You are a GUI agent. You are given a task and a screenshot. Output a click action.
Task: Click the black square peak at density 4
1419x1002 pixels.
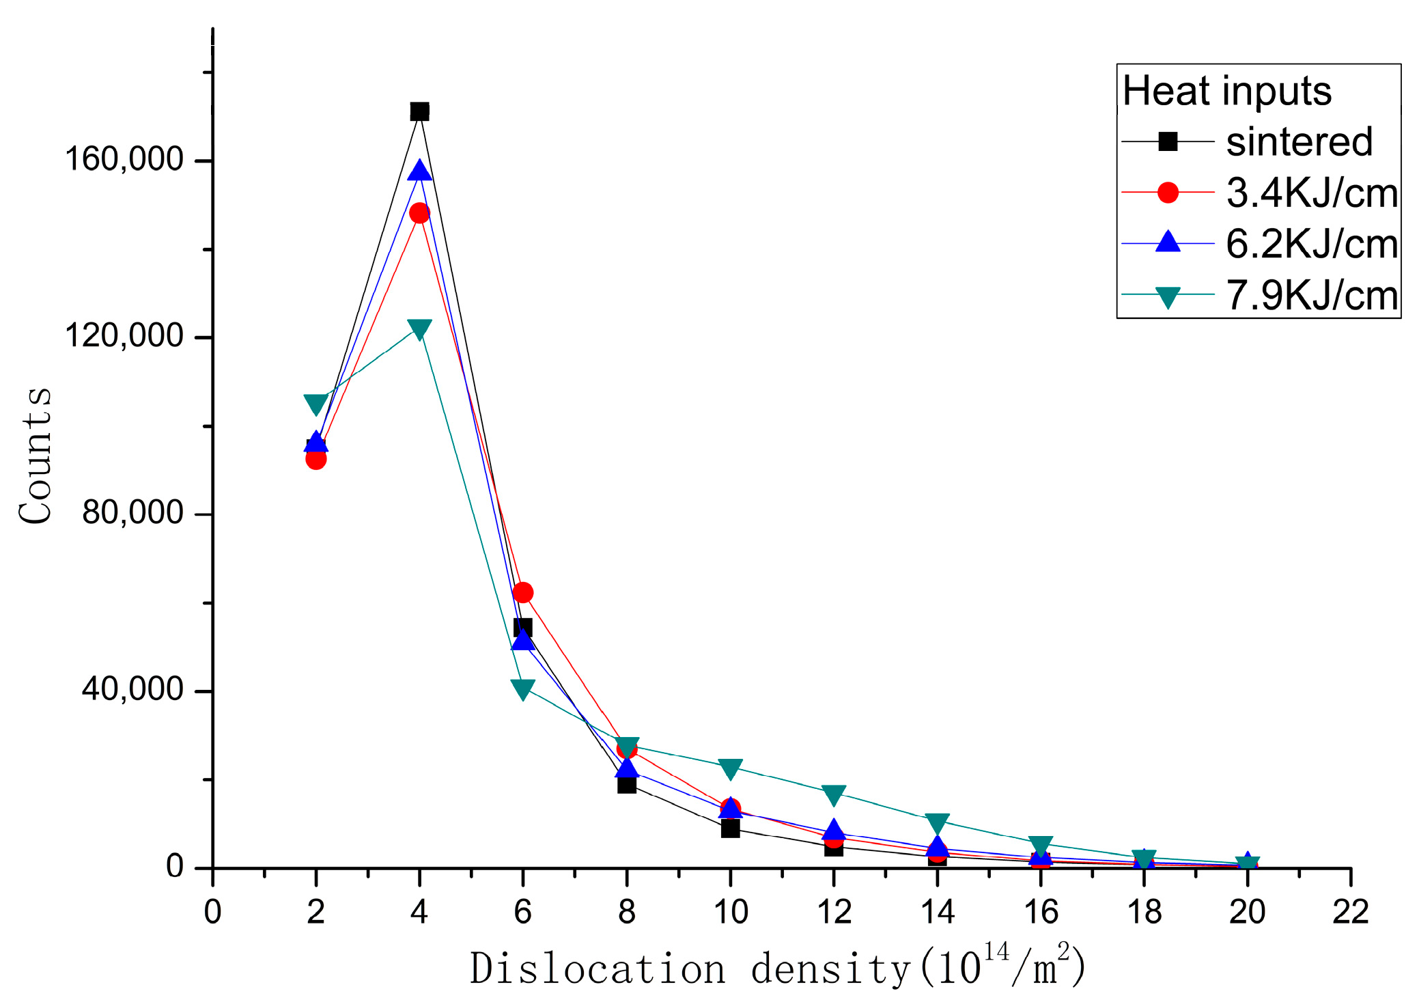(419, 111)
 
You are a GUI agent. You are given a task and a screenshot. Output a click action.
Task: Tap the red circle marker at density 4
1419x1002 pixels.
(419, 213)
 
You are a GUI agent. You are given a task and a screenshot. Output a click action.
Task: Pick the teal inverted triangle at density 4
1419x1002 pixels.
(419, 329)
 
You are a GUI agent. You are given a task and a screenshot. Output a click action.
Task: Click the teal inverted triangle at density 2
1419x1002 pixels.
(315, 404)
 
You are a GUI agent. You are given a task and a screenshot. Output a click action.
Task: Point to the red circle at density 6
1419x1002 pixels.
(522, 592)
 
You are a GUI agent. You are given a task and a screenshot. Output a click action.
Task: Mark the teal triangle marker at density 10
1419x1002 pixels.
(730, 769)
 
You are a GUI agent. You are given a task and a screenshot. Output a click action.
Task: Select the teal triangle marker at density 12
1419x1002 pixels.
(833, 794)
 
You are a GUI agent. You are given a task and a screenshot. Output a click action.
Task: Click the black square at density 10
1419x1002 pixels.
(730, 829)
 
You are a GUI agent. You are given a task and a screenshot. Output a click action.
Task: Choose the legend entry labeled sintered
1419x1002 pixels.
(1299, 142)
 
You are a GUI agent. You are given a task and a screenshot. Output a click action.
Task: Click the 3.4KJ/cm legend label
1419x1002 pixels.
(1311, 193)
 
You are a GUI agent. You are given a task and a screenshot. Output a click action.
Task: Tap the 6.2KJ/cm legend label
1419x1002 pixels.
(1311, 244)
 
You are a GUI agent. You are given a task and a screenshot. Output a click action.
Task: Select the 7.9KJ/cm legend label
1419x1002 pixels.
(1311, 295)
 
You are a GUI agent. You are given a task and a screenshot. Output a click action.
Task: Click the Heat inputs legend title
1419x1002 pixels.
(1226, 91)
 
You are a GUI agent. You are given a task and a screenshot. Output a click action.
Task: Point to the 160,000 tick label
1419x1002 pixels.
(124, 159)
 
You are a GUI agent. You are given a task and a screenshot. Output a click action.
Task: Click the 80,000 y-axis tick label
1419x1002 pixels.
(132, 512)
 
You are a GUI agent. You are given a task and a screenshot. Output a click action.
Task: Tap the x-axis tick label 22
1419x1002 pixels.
(1350, 912)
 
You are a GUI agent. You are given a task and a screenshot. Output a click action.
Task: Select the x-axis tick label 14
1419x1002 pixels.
(937, 912)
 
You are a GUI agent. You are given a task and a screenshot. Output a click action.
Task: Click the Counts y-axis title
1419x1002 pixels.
(36, 456)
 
